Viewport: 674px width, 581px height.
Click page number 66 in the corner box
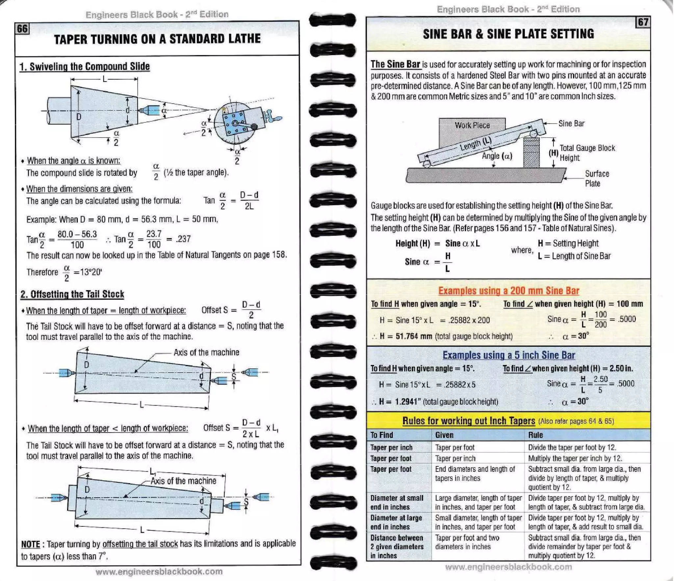[22, 29]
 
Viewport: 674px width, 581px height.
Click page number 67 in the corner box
[642, 22]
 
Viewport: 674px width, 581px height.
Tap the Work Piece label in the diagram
[472, 125]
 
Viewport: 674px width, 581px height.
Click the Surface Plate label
[596, 178]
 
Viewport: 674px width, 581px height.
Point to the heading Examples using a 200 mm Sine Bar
[508, 291]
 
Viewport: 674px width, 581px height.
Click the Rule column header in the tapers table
[535, 435]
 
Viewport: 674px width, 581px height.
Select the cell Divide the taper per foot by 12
[572, 447]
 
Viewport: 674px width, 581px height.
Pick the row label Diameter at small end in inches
[397, 502]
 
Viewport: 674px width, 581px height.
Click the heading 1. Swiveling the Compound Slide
[85, 66]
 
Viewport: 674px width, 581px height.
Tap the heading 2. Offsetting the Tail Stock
[72, 294]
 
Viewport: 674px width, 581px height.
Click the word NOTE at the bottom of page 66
[30, 544]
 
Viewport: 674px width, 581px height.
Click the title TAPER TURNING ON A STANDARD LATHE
[157, 39]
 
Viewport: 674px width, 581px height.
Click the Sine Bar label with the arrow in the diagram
[571, 123]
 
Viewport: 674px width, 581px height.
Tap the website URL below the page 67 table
[508, 567]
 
